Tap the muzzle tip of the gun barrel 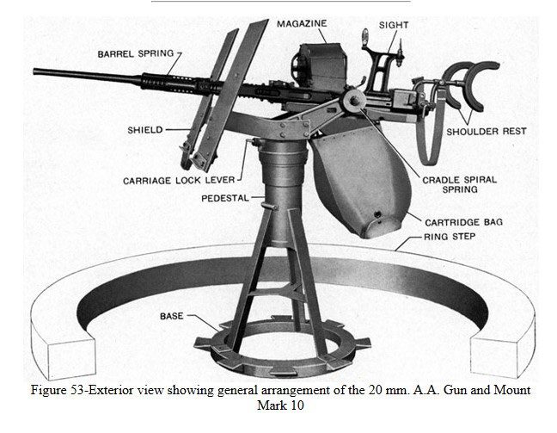(x=36, y=71)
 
